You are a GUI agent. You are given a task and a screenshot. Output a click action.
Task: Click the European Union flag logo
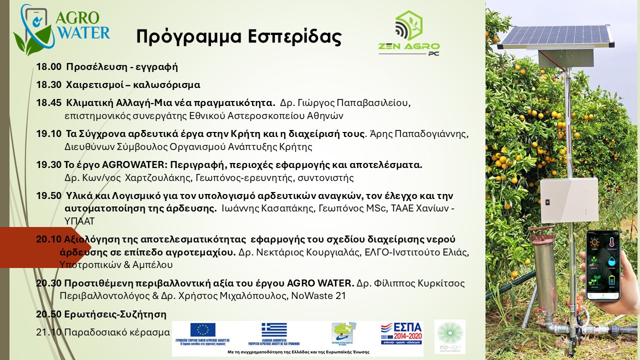[202, 330]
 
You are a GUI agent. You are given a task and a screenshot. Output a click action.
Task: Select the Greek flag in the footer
[274, 330]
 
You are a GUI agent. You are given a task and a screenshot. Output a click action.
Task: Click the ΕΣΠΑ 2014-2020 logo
[401, 332]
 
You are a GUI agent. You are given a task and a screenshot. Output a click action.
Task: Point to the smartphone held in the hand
[603, 265]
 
